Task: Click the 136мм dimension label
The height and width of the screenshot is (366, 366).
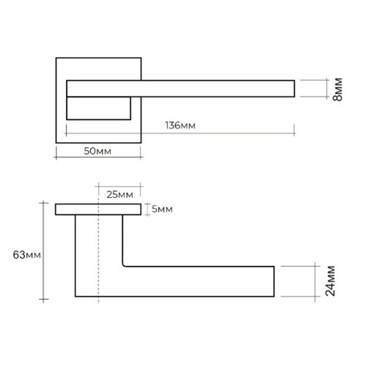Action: [180, 126]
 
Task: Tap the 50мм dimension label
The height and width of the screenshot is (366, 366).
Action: [98, 151]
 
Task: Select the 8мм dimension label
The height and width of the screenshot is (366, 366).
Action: [337, 89]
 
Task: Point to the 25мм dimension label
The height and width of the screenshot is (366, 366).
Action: [120, 194]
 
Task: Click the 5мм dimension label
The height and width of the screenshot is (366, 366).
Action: [162, 209]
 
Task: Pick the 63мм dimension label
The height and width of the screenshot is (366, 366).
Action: [27, 255]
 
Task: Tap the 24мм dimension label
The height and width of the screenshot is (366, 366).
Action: [330, 281]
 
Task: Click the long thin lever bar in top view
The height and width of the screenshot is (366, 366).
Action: [181, 89]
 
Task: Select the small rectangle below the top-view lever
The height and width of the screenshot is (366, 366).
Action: [98, 108]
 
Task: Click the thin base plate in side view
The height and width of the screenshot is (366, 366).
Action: [98, 209]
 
